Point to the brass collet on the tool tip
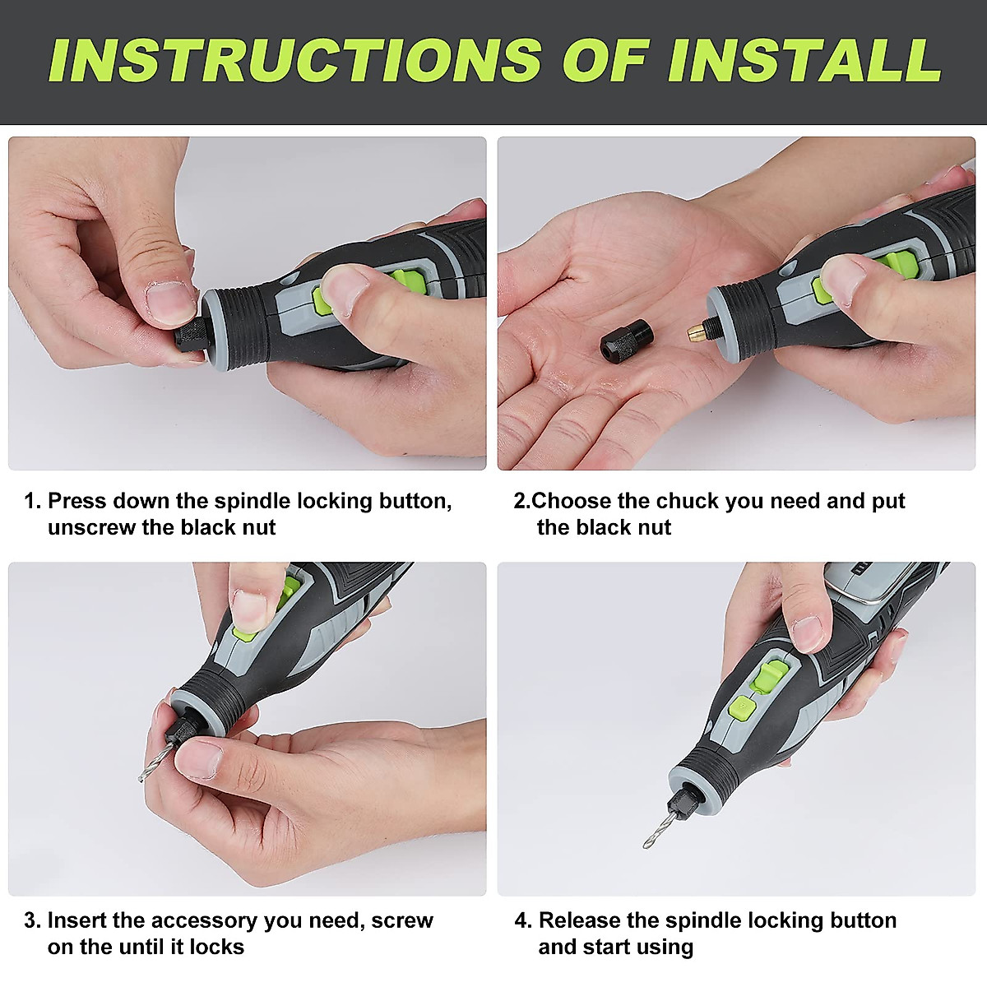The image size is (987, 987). pos(698,333)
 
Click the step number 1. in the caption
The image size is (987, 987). pos(32,502)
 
